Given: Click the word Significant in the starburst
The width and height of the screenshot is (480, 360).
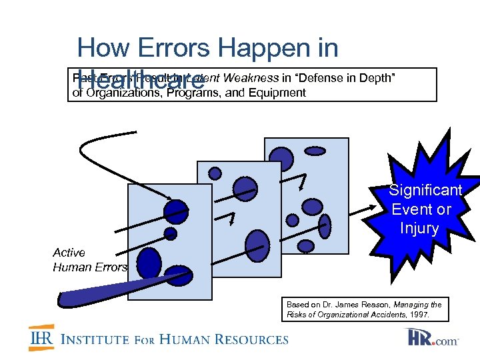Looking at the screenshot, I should tap(425, 191).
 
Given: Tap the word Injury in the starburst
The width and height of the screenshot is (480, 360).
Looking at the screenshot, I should tap(419, 229).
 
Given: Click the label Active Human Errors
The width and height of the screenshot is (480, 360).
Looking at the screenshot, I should tap(89, 260).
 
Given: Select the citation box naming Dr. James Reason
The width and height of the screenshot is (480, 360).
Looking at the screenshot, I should tap(363, 308).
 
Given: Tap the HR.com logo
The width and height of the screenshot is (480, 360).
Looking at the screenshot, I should tap(434, 337).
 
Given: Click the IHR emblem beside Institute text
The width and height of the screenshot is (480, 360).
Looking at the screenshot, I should tap(41, 339).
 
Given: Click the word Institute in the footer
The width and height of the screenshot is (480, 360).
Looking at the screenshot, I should tap(96, 339).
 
